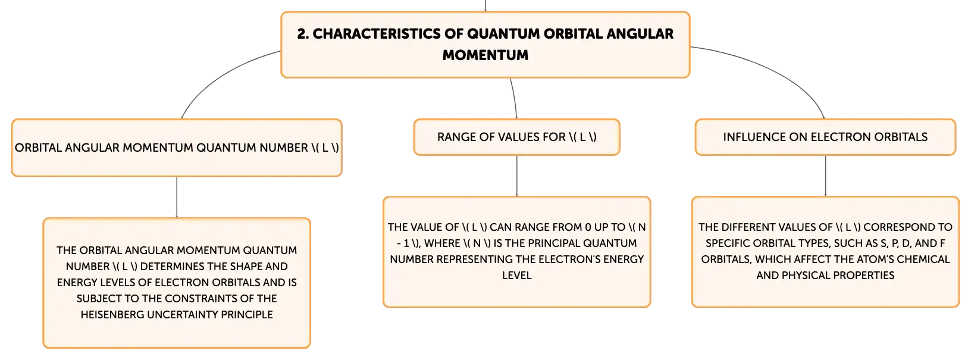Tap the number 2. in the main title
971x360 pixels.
click(x=303, y=34)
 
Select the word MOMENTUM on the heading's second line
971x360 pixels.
click(x=485, y=55)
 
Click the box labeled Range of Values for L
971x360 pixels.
click(x=516, y=137)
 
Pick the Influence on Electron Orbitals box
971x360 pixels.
click(x=825, y=137)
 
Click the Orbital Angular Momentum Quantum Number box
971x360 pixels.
click(x=177, y=148)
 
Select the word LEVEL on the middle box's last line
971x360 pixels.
click(x=516, y=276)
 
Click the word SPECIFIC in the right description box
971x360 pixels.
click(x=729, y=243)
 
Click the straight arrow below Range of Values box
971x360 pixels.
click(x=516, y=176)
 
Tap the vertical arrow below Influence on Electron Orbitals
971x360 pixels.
click(x=825, y=176)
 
